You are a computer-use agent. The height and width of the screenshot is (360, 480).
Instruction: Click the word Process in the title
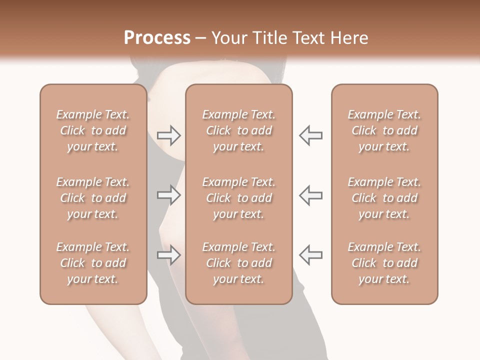click(x=157, y=38)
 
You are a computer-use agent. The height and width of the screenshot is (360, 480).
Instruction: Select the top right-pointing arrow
click(x=168, y=135)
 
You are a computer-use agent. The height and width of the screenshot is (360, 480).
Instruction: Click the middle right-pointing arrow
click(x=168, y=195)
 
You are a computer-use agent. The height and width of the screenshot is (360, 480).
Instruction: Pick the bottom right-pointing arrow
click(x=168, y=255)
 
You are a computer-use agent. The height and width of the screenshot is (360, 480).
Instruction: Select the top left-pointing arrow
click(x=310, y=135)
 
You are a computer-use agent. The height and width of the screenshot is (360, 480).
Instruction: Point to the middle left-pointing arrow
click(x=310, y=195)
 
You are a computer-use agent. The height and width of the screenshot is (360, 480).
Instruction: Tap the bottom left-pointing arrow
click(x=310, y=255)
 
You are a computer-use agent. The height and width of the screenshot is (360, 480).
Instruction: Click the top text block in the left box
click(x=93, y=130)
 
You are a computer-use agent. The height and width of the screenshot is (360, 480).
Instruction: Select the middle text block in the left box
click(x=93, y=198)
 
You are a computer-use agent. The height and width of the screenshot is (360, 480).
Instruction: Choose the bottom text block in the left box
click(x=93, y=263)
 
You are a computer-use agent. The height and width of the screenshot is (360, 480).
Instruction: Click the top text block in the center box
click(x=239, y=130)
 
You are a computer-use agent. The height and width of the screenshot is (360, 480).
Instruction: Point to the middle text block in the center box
click(x=239, y=198)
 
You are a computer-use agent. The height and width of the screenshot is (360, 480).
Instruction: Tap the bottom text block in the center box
click(x=239, y=263)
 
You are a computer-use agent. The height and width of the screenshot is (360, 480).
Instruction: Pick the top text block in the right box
click(x=384, y=130)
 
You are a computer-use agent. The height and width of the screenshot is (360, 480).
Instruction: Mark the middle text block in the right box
click(x=384, y=198)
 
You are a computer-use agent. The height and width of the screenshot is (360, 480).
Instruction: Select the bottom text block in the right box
click(x=384, y=263)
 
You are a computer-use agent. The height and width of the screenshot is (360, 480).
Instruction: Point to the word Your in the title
click(x=229, y=38)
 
